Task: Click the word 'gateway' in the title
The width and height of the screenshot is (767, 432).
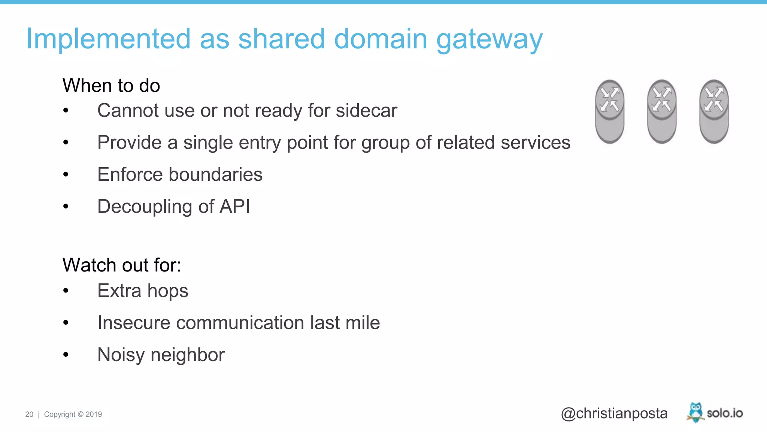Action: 489,40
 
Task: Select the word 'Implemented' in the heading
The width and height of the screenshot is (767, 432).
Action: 108,39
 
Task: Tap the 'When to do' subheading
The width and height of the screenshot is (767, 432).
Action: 111,85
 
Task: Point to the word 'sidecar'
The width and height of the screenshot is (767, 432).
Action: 366,111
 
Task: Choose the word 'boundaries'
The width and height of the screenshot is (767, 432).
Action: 215,174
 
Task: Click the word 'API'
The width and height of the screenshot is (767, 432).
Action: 234,206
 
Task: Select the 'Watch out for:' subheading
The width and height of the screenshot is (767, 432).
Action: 122,265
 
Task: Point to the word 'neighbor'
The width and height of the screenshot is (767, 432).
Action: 187,355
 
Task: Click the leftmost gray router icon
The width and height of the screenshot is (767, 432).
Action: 609,111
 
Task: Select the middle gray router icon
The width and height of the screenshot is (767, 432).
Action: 661,111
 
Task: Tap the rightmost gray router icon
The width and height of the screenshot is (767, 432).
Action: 713,111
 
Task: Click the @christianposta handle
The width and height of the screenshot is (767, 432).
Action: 614,413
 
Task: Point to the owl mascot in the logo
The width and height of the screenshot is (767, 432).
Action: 695,412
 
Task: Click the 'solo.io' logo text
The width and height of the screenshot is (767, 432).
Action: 725,413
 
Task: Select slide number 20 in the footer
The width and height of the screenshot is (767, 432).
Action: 29,414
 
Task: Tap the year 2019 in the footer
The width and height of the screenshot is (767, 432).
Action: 94,414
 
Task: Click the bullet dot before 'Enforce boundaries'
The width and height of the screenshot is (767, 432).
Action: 66,174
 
